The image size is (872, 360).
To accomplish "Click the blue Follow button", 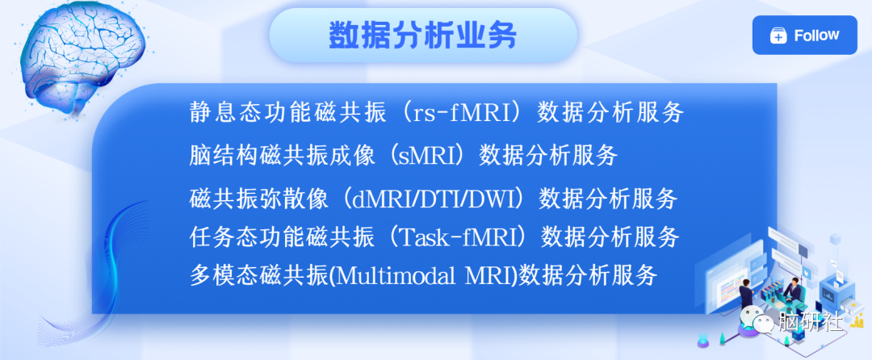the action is pyautogui.click(x=805, y=35).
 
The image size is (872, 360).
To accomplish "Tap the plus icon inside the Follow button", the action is pyautogui.click(x=778, y=36).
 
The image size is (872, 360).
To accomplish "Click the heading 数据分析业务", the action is pyautogui.click(x=422, y=36).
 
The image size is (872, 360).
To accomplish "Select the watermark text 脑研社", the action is pyautogui.click(x=811, y=320).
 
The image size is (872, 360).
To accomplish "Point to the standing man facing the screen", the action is pyautogui.click(x=746, y=292).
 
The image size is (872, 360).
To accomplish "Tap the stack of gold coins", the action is pyautogui.click(x=858, y=320).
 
